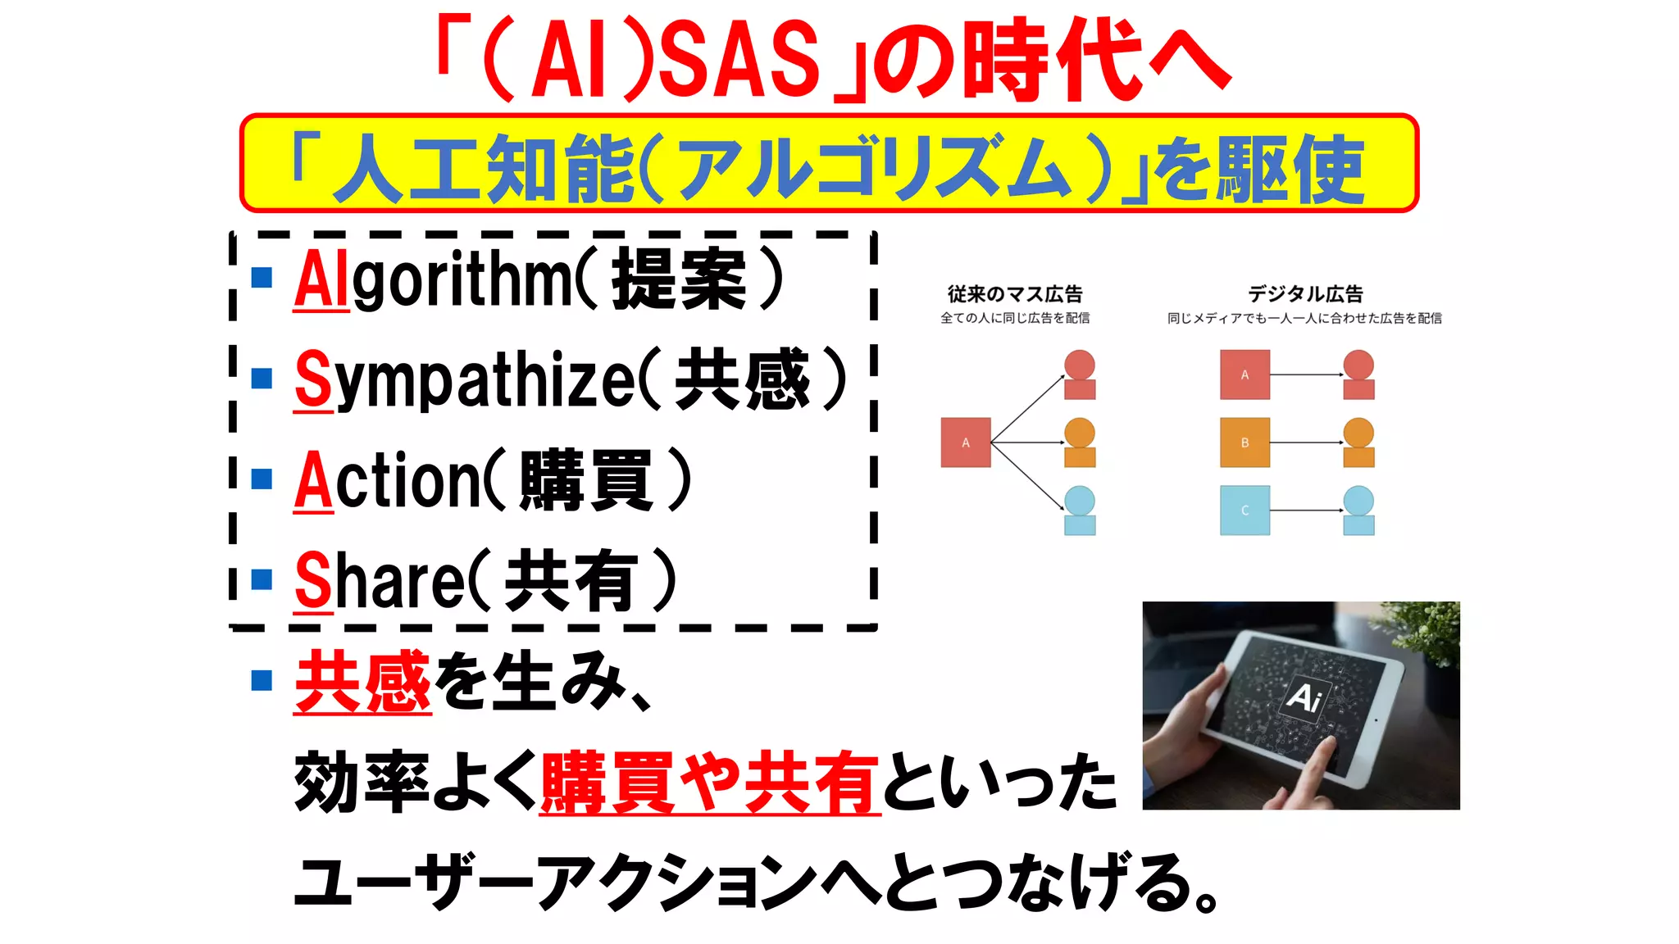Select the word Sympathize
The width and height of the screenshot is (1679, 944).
(x=464, y=380)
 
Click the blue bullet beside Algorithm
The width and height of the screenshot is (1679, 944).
(x=262, y=278)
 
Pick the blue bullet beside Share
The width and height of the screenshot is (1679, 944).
(x=262, y=579)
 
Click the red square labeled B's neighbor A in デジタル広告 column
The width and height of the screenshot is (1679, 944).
(x=1244, y=374)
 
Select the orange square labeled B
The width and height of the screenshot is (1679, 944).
(x=1244, y=442)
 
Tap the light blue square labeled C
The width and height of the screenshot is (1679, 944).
(x=1244, y=511)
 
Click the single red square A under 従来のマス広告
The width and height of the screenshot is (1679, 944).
(x=966, y=442)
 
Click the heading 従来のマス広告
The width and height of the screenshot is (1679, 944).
(x=1015, y=293)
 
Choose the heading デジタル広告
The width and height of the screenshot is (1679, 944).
(x=1305, y=293)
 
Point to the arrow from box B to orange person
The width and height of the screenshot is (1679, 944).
(x=1306, y=442)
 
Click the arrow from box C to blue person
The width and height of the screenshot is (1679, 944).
(x=1306, y=511)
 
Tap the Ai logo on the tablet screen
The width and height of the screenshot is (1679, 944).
(x=1304, y=697)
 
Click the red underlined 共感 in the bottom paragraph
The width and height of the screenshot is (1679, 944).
(x=362, y=682)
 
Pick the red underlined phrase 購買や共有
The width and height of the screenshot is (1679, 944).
(x=710, y=783)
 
